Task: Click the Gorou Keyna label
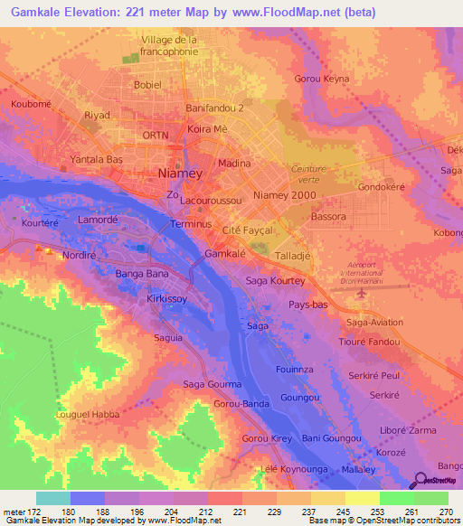click(323, 79)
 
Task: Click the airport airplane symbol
click(363, 293)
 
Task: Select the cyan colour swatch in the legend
click(53, 498)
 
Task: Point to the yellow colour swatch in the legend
click(362, 498)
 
